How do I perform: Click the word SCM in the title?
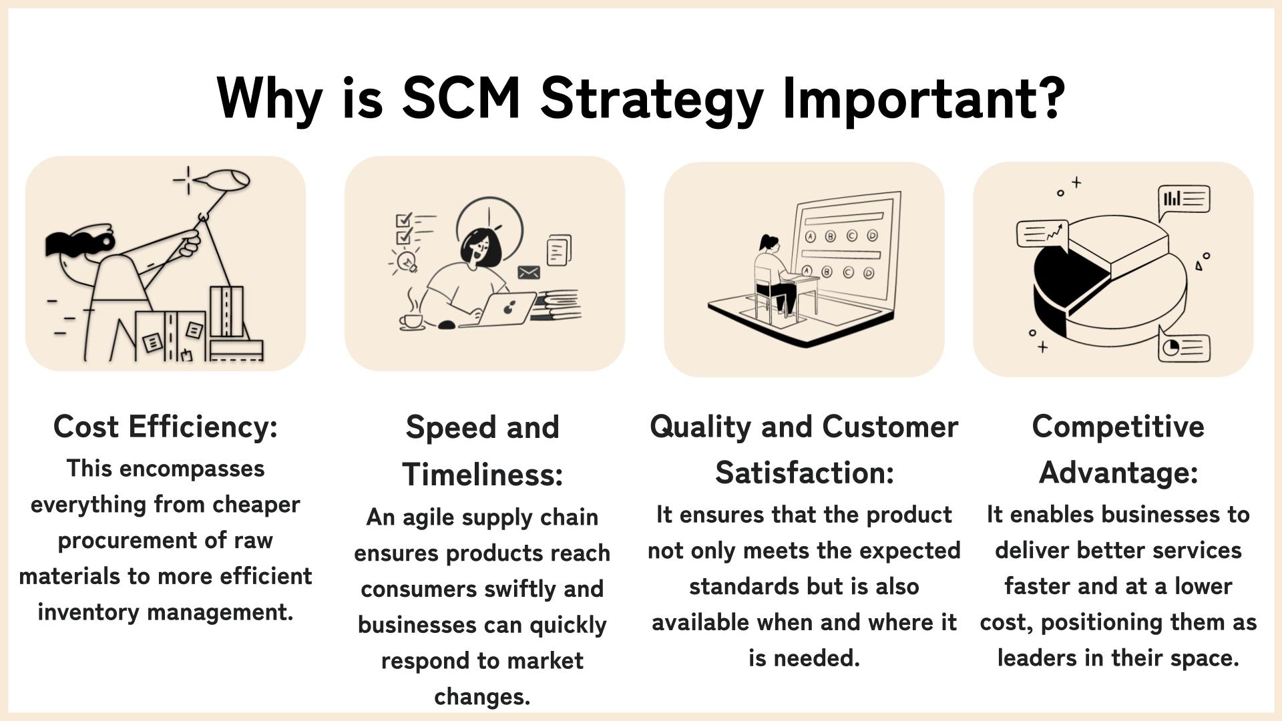click(461, 97)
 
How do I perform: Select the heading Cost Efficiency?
click(166, 427)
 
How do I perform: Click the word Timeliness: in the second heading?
click(483, 474)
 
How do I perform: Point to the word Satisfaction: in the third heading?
click(805, 473)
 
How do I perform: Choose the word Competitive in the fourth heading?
click(1118, 427)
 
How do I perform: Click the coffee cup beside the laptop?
click(411, 320)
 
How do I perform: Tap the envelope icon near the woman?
click(529, 272)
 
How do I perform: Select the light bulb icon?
click(406, 261)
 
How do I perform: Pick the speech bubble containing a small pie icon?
click(1184, 346)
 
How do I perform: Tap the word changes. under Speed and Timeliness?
click(482, 696)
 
